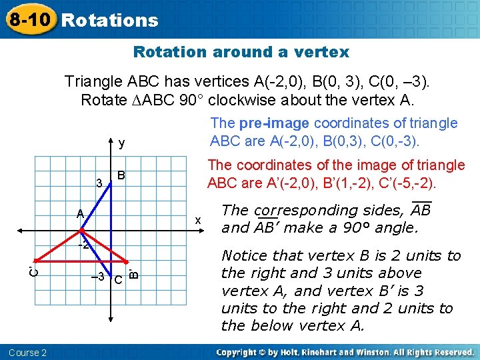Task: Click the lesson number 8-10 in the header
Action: [x=29, y=19]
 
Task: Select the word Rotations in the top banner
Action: [x=110, y=20]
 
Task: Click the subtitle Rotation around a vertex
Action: [x=241, y=52]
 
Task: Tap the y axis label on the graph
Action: [x=121, y=143]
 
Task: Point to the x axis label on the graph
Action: [x=197, y=220]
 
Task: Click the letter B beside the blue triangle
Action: [x=122, y=175]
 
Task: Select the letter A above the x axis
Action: [x=79, y=214]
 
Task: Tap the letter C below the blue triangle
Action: [x=117, y=279]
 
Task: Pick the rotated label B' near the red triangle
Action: [x=133, y=273]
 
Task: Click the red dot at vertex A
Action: [x=81, y=231]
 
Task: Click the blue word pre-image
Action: [x=275, y=123]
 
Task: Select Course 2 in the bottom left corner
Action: [x=28, y=352]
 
